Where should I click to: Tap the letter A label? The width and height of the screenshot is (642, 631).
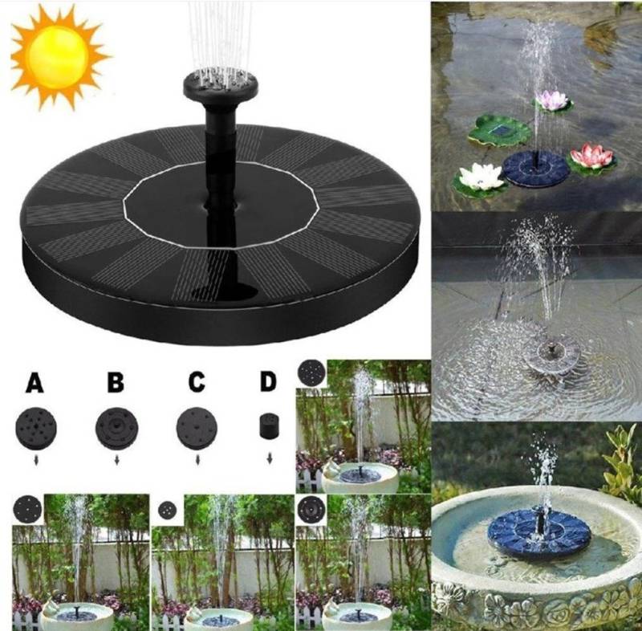[x=35, y=383]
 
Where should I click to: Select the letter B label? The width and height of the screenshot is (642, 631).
[x=116, y=383]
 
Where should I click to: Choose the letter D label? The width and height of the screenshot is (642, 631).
[x=269, y=383]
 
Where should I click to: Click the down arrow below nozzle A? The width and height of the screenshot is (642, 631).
[x=35, y=461]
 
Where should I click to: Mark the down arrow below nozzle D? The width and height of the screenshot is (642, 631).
[x=269, y=461]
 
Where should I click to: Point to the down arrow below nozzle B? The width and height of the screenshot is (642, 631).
[x=116, y=461]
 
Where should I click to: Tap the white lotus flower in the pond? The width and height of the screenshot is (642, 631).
[x=482, y=176]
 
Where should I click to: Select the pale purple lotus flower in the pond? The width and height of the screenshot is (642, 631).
[x=551, y=101]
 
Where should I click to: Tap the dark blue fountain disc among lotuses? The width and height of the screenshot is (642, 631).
[x=535, y=167]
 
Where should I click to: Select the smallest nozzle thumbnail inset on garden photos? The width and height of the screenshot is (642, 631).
[x=166, y=510]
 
